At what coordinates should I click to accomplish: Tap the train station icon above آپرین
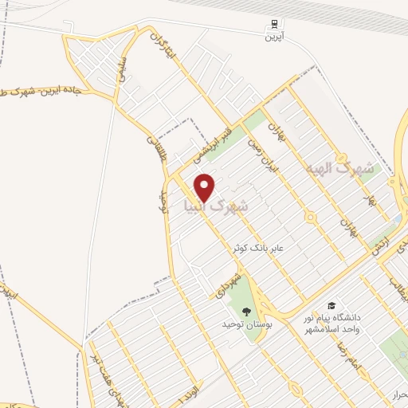tap(273, 25)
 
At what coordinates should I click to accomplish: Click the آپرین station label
tap(274, 37)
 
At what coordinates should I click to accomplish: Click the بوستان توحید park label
tap(242, 325)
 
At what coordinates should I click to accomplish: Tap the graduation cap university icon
tap(331, 306)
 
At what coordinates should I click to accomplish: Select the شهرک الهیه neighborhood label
tap(339, 169)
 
